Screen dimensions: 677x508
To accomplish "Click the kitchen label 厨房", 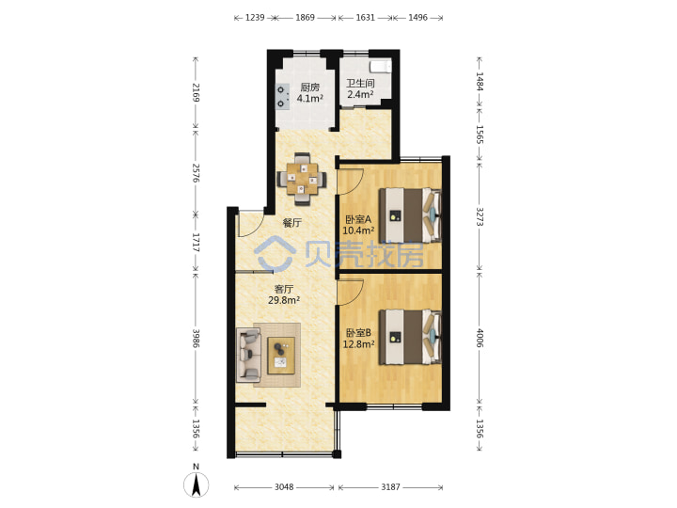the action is (310, 87).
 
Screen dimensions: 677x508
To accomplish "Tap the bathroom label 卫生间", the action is (360, 83).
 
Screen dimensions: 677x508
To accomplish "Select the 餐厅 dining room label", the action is (291, 223).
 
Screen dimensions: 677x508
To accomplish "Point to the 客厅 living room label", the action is (284, 289).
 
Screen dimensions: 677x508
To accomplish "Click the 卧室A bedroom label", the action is (358, 219).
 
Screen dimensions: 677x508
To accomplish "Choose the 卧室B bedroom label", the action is (358, 333).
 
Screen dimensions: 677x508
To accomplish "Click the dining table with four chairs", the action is (302, 179).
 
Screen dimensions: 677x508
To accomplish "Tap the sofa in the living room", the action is (248, 355).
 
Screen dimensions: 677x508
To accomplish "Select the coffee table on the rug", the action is (281, 356).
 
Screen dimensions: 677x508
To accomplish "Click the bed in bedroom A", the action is (410, 215).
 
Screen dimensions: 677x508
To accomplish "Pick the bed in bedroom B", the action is (410, 337).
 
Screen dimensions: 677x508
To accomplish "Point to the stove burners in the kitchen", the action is (281, 96).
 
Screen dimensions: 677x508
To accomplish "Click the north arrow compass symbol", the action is (196, 484).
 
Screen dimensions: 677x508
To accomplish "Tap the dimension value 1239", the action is (255, 18).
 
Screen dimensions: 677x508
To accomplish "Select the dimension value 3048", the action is (284, 487).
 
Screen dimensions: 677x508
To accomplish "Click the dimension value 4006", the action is (480, 339).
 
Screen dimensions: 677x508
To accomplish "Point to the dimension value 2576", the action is (196, 173).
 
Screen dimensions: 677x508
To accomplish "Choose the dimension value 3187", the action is (390, 487).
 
